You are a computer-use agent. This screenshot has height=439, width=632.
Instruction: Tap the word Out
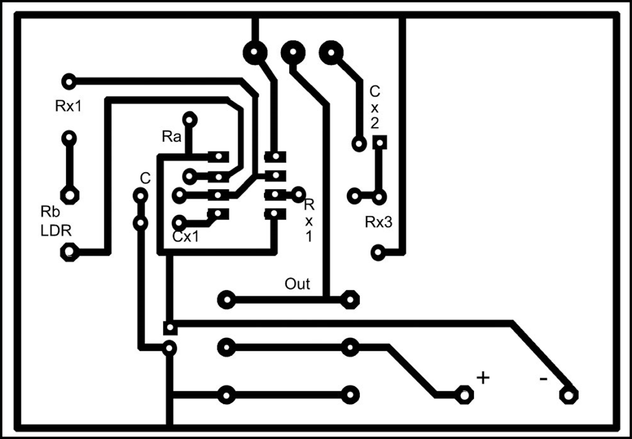(297, 284)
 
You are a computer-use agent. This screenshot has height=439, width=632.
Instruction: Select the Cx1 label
(185, 237)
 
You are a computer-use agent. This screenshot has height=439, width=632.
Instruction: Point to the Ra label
(171, 137)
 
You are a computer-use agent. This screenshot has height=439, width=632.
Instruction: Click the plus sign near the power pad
(482, 378)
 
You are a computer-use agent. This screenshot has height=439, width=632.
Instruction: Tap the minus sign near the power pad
(543, 379)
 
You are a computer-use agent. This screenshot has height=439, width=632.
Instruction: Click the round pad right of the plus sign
(465, 394)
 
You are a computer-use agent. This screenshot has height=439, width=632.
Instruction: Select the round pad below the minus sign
(568, 394)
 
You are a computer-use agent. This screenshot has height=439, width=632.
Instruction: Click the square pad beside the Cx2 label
(379, 143)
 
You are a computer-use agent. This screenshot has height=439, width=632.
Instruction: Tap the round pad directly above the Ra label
(189, 119)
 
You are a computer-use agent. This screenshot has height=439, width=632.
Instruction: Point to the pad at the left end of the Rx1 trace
(69, 81)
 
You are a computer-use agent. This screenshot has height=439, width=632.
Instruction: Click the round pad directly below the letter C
(140, 195)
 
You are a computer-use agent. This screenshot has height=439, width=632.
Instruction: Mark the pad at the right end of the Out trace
(349, 300)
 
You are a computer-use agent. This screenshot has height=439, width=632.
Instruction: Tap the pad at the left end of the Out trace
(226, 300)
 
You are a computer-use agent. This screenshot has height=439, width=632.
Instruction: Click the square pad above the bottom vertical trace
(170, 328)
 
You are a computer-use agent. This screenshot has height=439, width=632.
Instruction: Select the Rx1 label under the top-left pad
(68, 106)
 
